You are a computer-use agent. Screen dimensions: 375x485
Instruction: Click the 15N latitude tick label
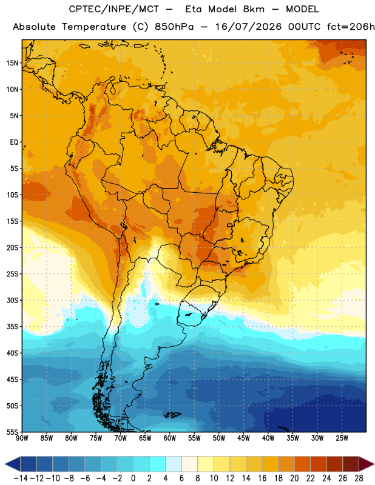point(12,63)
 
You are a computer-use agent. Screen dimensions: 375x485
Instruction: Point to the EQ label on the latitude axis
point(14,142)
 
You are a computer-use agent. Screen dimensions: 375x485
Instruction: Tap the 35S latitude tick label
point(12,327)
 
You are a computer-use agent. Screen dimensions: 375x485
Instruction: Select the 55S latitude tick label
point(12,432)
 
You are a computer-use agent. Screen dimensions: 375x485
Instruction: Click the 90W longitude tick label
point(22,438)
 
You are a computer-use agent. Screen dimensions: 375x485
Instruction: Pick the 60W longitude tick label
point(170,438)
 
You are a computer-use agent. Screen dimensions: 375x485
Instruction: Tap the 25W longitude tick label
point(342,438)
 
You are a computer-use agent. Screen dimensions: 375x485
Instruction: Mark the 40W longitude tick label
point(268,438)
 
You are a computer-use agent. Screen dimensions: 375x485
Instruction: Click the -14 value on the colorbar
point(21,478)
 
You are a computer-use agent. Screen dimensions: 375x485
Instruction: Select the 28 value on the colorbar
point(359,478)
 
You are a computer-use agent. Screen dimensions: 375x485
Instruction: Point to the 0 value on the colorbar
point(133,478)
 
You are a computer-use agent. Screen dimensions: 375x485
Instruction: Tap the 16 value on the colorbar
point(262,478)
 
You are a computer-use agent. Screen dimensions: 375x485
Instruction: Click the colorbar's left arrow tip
point(5,464)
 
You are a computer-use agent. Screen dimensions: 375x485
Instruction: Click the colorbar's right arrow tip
point(374,464)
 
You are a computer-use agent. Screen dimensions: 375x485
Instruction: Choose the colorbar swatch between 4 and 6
point(174,464)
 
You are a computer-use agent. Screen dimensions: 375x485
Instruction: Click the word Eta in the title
point(194,9)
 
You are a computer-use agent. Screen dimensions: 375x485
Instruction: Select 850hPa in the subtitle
point(174,27)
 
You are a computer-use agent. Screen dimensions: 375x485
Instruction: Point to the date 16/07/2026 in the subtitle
point(249,27)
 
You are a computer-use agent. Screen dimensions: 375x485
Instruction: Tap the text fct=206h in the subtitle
point(351,27)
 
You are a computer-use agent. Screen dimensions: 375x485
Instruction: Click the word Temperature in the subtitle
point(94,27)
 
